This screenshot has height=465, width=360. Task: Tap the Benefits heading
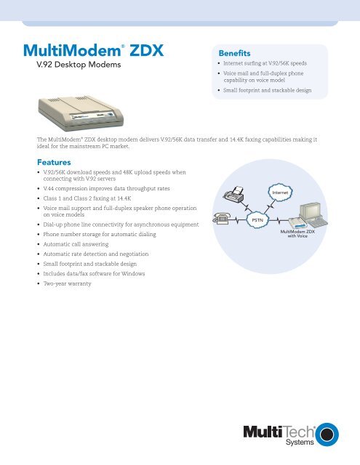230,54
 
